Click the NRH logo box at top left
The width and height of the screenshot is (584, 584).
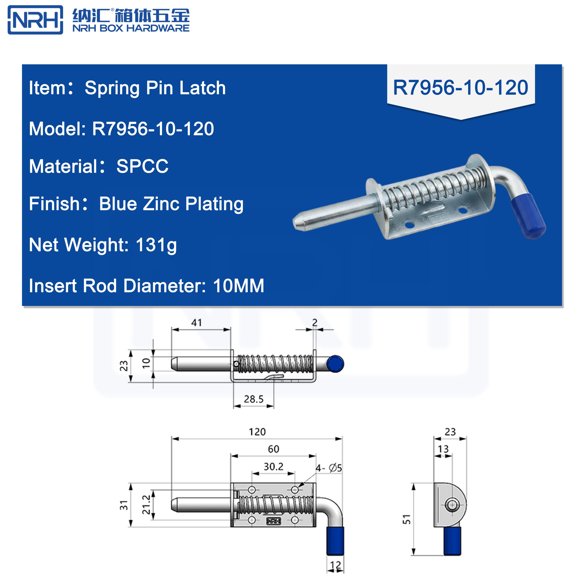35,20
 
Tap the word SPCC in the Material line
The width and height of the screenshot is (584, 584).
142,166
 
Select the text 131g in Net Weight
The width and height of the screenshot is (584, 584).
156,245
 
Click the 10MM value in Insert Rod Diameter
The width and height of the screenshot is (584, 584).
238,286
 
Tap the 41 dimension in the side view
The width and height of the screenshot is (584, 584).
196,323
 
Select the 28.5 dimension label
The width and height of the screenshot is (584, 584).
254,399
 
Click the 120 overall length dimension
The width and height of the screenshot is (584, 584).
257,432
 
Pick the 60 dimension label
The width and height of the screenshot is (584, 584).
273,449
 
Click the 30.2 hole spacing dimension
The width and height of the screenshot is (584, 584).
273,467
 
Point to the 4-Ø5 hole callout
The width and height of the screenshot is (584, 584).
329,468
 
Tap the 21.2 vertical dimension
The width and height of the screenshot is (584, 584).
146,505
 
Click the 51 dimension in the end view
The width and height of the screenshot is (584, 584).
407,519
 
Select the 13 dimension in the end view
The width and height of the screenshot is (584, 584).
443,449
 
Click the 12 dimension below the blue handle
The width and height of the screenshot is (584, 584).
336,565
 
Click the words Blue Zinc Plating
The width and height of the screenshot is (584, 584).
171,204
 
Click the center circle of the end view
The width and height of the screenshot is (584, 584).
452,505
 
